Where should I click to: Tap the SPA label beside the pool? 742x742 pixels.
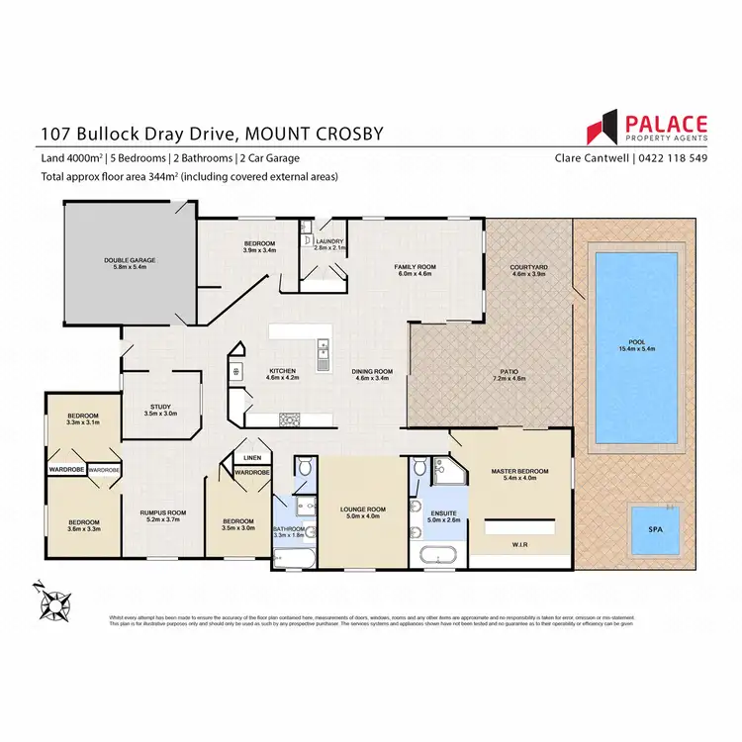pos(654,530)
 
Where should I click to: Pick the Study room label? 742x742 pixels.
pos(160,406)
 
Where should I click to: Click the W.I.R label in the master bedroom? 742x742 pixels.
pos(518,543)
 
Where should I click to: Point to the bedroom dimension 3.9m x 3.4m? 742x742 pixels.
pos(259,250)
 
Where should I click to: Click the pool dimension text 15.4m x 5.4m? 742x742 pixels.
pos(635,349)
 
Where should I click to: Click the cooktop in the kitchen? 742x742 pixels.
pos(290,419)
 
